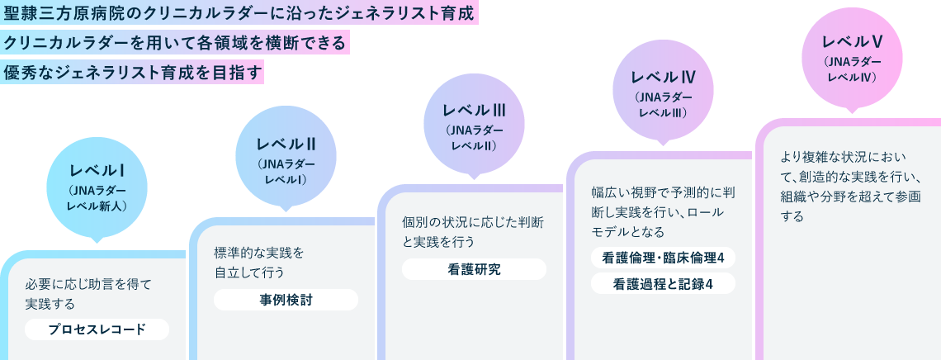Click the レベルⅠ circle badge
point(97,187)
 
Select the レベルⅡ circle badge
point(286,157)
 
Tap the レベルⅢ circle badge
point(474,124)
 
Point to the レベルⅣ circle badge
point(663,92)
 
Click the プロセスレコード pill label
point(97,329)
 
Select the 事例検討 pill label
point(286,300)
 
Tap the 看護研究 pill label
point(474,269)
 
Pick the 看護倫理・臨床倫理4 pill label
point(663,258)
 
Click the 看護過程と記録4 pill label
point(663,284)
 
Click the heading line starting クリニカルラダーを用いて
point(175,42)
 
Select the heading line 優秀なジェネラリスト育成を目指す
point(132,72)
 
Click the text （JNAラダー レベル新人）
point(97,198)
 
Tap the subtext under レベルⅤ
point(852,69)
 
